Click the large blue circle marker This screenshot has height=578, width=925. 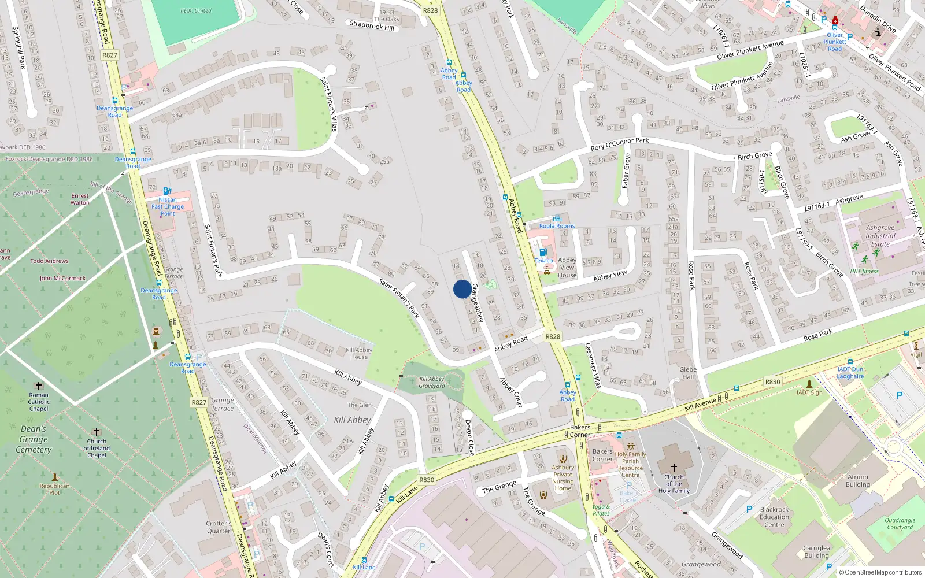[462, 289]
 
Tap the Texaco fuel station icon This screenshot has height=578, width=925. [543, 252]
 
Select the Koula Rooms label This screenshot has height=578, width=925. [557, 226]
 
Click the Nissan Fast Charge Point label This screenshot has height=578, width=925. [168, 206]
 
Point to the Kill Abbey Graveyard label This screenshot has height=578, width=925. [432, 383]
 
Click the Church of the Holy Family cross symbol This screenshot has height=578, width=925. [674, 468]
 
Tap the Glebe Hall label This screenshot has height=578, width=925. [688, 373]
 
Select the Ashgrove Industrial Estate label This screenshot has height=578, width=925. [880, 236]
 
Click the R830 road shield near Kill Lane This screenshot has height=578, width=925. [427, 480]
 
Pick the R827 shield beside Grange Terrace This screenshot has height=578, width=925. [199, 402]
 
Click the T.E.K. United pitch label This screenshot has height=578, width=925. [195, 10]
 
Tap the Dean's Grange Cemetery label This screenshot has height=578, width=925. [34, 439]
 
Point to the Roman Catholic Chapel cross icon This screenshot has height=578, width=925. [39, 386]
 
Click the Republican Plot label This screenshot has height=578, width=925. [54, 489]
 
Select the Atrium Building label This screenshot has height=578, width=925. [858, 481]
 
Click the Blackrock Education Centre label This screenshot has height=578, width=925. [774, 517]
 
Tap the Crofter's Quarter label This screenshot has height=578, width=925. [219, 527]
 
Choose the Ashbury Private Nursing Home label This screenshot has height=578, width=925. [563, 478]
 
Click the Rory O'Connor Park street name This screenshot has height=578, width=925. [620, 144]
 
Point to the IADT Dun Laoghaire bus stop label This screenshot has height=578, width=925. [850, 373]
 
